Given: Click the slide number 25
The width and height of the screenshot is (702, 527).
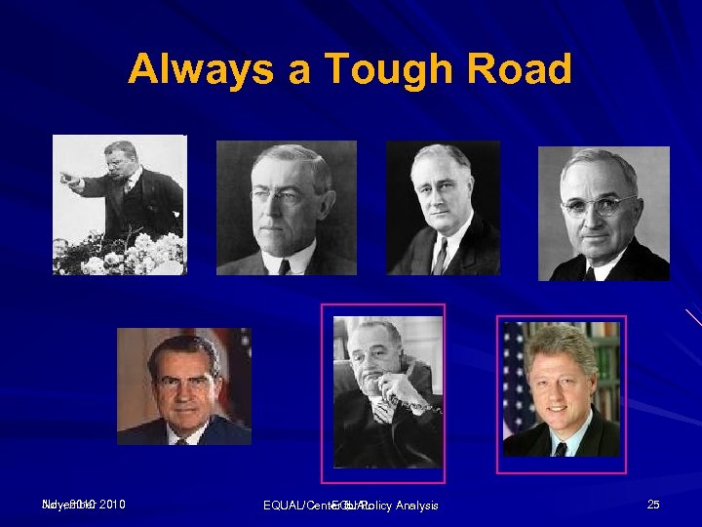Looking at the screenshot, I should [653, 504].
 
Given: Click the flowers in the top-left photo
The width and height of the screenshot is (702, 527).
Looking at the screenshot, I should [127, 254].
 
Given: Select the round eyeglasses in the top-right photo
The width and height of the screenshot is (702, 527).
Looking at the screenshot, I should [597, 206].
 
